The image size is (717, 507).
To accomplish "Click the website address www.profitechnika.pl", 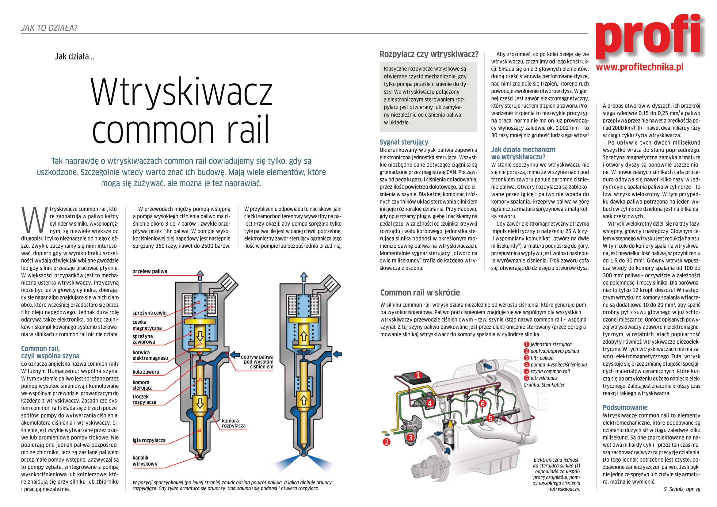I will pos(639,67).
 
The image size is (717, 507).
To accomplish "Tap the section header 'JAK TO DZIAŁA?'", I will pos(49,28).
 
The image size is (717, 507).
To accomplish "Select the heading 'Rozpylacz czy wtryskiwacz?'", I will pos(429,54).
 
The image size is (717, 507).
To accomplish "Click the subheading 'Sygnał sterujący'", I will pos(404,142).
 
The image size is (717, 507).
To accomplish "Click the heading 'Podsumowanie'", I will pos(625,407).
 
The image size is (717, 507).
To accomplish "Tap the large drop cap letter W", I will pos(34,220).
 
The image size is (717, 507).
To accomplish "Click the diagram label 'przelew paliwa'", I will pos(150,271).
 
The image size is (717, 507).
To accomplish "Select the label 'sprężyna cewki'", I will pos(149,313).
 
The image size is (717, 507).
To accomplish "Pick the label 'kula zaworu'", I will pos(146,372).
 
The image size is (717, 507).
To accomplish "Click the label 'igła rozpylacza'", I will pos(149,440).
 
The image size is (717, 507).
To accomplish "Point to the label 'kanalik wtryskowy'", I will pos(145,460).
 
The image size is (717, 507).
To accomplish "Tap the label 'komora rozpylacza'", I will pos(234,423).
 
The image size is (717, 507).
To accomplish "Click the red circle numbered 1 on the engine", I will pos(418,375).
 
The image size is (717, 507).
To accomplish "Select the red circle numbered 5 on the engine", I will pos(490,418).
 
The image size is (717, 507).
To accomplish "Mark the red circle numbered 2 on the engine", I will pos(387,442).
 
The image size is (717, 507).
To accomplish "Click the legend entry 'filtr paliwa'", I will pos(542,358).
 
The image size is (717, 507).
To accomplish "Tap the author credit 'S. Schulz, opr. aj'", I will pos(682,489).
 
